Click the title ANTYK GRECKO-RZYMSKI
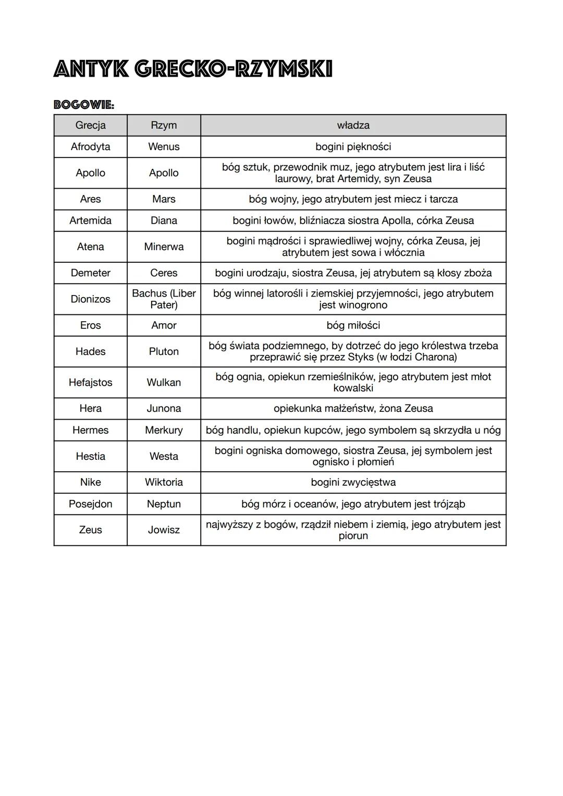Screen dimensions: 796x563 pos(193,69)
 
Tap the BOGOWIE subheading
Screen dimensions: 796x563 pos(84,105)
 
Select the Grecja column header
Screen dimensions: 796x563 pos(90,125)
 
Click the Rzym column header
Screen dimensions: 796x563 pos(164,125)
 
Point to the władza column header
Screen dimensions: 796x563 pos(353,125)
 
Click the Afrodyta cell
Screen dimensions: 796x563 pos(90,146)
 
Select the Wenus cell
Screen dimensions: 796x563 pos(164,146)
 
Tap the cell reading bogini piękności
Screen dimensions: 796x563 pos(353,146)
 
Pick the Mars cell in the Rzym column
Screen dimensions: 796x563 pos(164,199)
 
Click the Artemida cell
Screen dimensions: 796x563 pos(90,221)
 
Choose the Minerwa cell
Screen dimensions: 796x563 pos(164,247)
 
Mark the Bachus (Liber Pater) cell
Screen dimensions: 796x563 pos(164,299)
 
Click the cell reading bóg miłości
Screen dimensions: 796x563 pos(353,325)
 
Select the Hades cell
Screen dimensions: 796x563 pos(90,351)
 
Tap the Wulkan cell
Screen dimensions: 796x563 pos(164,382)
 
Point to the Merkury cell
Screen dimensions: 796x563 pos(164,430)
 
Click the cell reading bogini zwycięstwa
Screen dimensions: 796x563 pos(353,482)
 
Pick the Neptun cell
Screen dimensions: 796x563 pos(164,504)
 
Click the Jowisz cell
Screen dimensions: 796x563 pos(164,530)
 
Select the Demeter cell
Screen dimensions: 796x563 pos(90,273)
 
